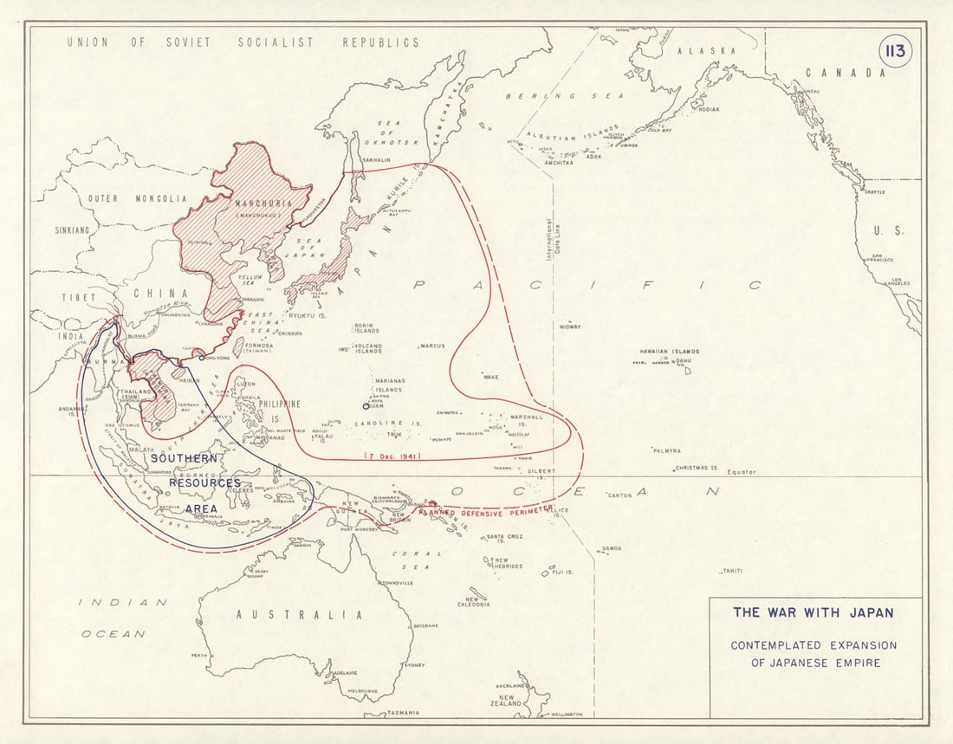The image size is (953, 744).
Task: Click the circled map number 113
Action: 895,51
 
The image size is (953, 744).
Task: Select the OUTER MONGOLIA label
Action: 137,198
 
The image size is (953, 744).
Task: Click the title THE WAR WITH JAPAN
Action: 813,612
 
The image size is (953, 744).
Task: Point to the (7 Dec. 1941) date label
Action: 392,456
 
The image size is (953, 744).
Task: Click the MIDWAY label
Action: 569,327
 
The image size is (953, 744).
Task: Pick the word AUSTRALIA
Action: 299,614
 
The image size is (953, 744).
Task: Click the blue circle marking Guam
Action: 366,405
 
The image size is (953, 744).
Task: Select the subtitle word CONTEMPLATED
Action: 775,645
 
